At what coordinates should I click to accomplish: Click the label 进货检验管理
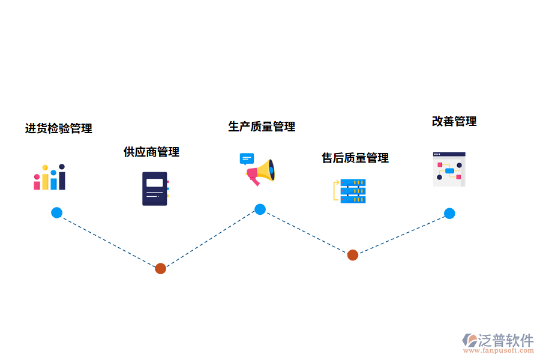click(58, 128)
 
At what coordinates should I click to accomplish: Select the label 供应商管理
click(151, 152)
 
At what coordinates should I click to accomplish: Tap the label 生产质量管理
click(262, 127)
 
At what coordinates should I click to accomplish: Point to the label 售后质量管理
click(355, 158)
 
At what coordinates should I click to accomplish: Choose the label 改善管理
click(454, 121)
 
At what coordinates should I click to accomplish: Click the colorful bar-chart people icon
click(49, 178)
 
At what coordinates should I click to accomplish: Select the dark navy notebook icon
click(155, 188)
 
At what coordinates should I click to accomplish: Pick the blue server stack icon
click(353, 191)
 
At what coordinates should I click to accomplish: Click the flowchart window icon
click(449, 169)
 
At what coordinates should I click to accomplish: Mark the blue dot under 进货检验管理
click(56, 212)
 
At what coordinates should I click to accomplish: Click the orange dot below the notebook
click(160, 268)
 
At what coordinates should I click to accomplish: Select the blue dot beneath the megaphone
click(260, 209)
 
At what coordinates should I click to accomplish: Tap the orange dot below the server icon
click(353, 255)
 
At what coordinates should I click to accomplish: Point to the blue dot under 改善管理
click(449, 213)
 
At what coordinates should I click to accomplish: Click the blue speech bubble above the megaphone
click(246, 159)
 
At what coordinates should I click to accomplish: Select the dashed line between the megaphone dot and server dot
click(306, 232)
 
